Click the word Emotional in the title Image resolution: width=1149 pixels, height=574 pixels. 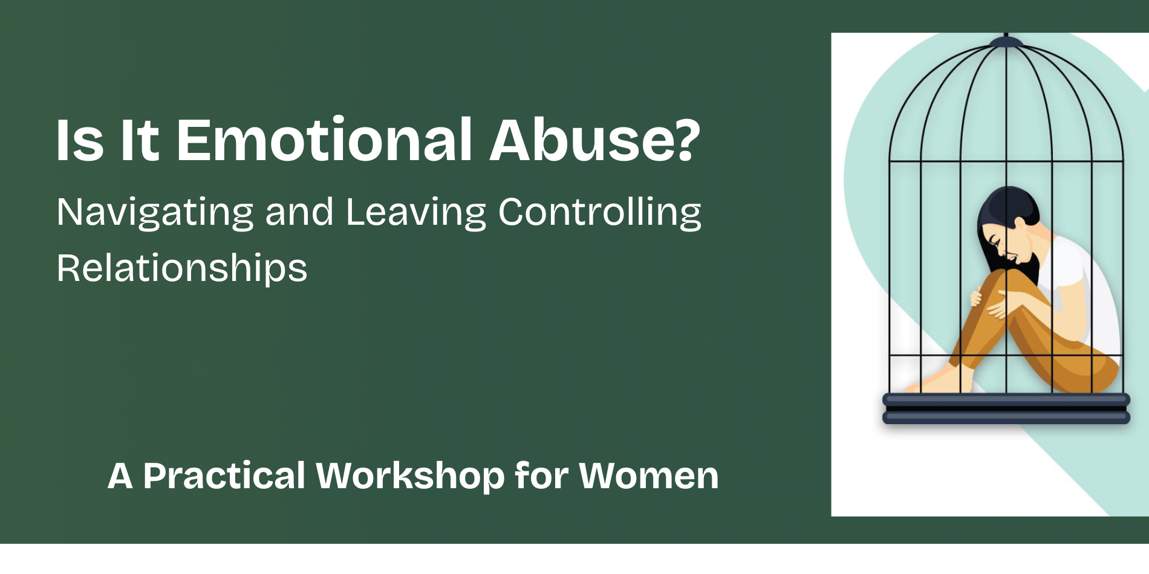point(324,140)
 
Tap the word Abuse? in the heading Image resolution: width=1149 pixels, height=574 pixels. point(594,140)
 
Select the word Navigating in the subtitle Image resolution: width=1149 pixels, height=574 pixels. point(155,213)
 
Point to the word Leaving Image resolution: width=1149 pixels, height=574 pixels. point(415,213)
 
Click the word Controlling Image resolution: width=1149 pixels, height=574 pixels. point(599,213)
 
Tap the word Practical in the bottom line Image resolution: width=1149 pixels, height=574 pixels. point(224,476)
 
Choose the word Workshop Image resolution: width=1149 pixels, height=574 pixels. point(410,476)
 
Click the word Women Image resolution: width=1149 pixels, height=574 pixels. point(649,476)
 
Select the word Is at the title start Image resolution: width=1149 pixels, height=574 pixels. point(79,140)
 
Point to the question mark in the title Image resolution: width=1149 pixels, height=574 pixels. point(687,140)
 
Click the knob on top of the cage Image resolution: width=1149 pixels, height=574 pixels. point(1006,41)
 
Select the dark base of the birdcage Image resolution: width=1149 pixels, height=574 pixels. point(1006,409)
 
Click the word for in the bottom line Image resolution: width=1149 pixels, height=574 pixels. point(541,476)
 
